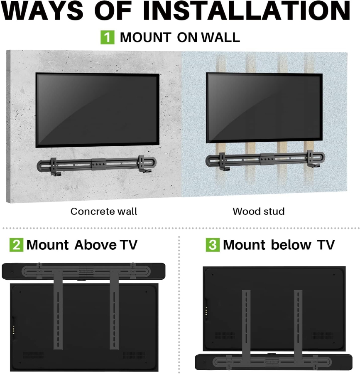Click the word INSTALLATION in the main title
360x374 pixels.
tap(247, 11)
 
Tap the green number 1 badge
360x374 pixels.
tap(107, 37)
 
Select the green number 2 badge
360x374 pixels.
tap(16, 245)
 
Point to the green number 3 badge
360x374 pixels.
tap(212, 245)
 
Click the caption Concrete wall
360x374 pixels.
tap(103, 211)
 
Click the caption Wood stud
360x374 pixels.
tap(258, 211)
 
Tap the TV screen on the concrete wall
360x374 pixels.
tap(97, 110)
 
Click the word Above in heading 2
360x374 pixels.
tap(95, 245)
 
